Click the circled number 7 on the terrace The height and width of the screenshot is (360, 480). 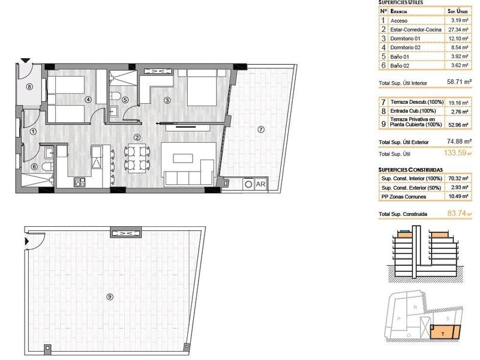pos(260,129)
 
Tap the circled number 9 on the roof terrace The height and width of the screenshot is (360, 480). pos(109,295)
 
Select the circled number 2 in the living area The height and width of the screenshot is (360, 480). pos(137,137)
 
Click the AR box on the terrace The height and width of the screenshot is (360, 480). pos(260,185)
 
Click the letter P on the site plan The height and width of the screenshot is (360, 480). pos(399,319)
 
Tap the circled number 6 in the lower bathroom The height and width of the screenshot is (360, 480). pos(34,167)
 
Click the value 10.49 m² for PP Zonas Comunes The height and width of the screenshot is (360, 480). pos(457,197)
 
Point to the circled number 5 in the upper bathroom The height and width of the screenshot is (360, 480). pos(125,100)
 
